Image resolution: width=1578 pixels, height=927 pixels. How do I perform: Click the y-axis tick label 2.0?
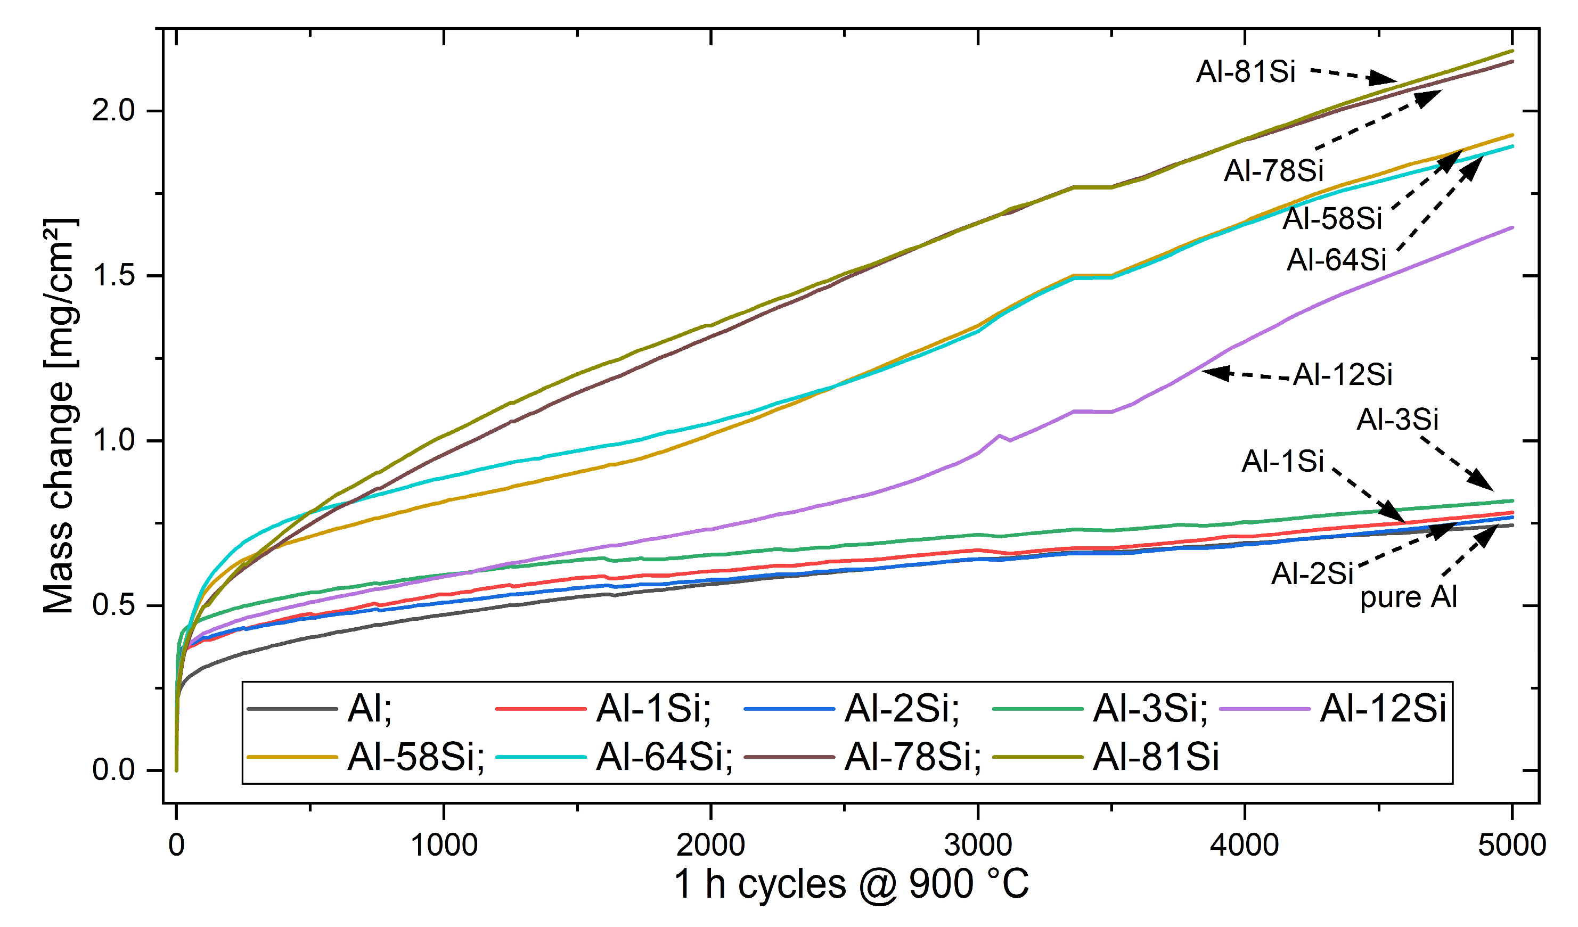(x=113, y=111)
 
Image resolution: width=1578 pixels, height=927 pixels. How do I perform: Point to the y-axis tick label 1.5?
(x=113, y=275)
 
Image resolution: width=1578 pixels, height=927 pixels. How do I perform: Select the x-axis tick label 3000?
(x=977, y=845)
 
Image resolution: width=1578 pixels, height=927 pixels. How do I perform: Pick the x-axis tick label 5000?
(x=1511, y=845)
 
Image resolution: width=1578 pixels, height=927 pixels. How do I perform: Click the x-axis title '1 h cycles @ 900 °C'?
(x=851, y=884)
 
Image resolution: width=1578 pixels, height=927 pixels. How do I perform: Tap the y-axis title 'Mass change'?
(x=59, y=416)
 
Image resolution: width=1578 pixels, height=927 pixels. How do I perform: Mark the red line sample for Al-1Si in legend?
(x=541, y=709)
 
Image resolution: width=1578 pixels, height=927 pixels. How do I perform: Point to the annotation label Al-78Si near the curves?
(x=1274, y=170)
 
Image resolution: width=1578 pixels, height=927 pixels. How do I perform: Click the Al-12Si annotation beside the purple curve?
(x=1343, y=374)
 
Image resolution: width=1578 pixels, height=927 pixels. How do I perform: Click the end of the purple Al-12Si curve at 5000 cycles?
(x=1511, y=227)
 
